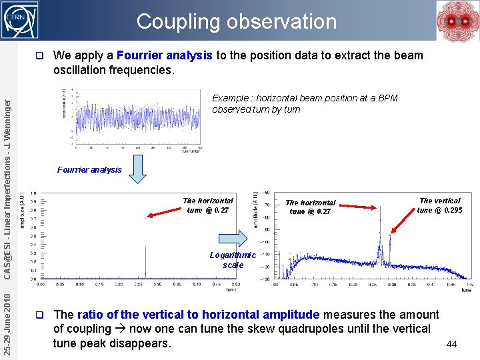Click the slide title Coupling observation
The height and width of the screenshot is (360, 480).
[x=237, y=21]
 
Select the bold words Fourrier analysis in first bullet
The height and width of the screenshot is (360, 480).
[x=165, y=55]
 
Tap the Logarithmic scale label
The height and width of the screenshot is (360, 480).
[x=233, y=260]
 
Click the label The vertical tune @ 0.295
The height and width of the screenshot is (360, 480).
[x=439, y=205]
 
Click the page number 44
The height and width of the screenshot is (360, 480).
[x=451, y=344]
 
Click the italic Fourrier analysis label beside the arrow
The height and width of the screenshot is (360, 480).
[x=89, y=170]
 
